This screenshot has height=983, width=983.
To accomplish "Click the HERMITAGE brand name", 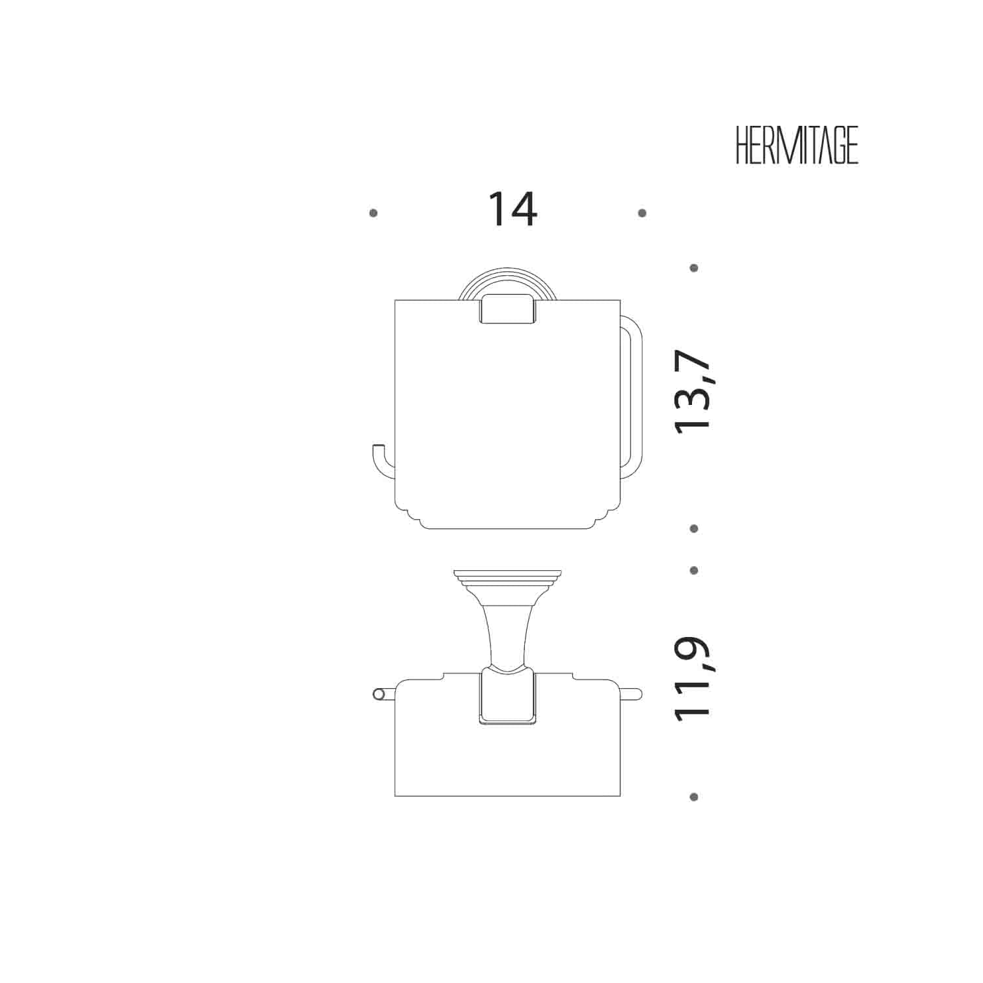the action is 797,145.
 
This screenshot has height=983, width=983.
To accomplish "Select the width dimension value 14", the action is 512,209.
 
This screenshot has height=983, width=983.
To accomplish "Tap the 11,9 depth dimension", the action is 693,679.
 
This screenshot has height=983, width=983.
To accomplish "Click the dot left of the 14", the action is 374,213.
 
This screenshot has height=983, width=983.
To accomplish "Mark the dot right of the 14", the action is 642,213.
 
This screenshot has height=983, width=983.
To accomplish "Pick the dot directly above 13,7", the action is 694,268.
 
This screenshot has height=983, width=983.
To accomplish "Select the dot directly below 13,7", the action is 694,528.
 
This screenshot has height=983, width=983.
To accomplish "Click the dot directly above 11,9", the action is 694,570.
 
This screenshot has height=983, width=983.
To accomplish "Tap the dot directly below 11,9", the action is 694,797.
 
